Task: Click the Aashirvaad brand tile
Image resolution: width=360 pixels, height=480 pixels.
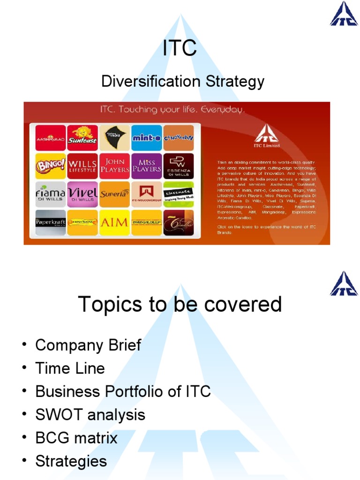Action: pos(51,138)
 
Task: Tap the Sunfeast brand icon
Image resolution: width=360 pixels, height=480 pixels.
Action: pos(82,138)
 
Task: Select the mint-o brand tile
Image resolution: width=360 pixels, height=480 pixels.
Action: pos(147,138)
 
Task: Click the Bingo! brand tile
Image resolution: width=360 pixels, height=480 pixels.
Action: pos(51,166)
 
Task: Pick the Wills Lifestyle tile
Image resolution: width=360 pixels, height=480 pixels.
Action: pos(82,166)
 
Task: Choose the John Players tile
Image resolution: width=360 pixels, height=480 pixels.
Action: pos(114,166)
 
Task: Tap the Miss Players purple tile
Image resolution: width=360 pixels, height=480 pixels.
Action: pos(147,166)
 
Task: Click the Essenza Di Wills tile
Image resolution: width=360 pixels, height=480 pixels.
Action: pos(179,166)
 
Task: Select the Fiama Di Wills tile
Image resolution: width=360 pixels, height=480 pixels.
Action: pos(51,194)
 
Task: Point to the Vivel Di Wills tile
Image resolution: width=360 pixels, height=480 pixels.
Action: pos(82,194)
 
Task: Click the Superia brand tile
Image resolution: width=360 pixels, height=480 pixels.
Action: pos(114,194)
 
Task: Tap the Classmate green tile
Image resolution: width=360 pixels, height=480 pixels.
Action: pos(179,194)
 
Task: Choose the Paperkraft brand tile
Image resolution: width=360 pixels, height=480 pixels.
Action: pos(51,222)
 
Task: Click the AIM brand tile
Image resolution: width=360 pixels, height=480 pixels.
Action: pos(114,222)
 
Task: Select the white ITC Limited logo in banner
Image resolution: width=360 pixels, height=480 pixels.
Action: pos(267,136)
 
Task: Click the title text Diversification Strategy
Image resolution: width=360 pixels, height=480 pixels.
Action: pos(183,82)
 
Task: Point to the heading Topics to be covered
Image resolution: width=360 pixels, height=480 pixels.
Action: pos(180,304)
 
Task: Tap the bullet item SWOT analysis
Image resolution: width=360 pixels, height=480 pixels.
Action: pos(90,415)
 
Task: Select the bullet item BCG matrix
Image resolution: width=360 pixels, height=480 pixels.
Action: pos(76,438)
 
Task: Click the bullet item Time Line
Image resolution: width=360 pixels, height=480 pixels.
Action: pos(70,368)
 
